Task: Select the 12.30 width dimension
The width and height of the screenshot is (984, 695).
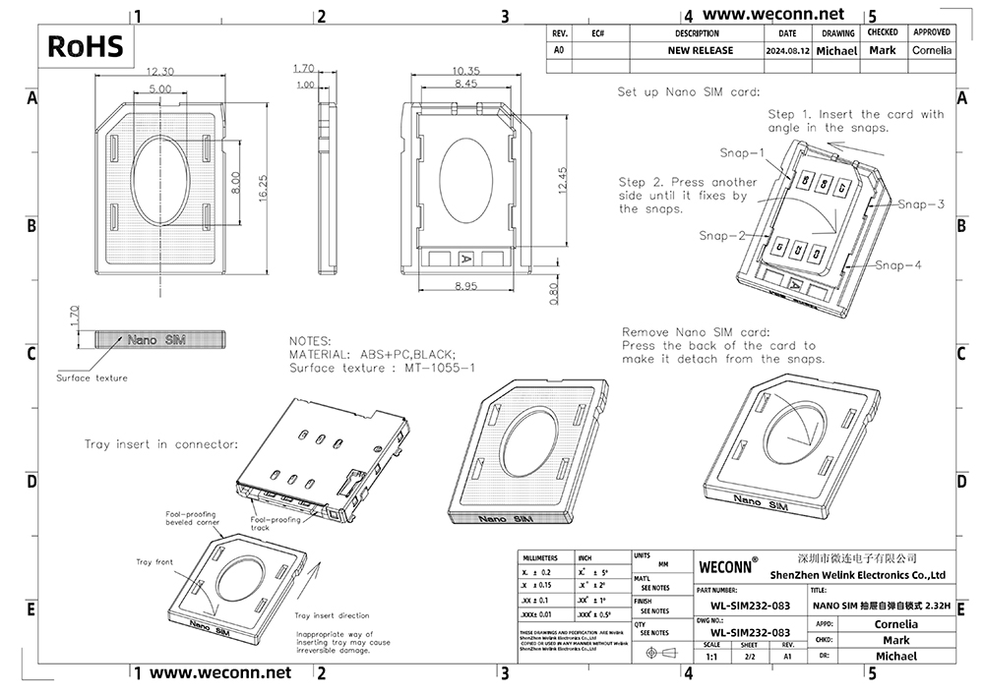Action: [160, 72]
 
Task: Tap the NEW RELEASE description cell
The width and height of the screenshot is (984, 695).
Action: [700, 50]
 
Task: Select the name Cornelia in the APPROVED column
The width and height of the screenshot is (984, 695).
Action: [931, 50]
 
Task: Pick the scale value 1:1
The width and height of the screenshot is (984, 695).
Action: [711, 656]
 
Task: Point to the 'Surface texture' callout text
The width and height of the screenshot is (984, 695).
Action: [92, 377]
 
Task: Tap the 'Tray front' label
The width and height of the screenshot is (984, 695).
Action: [154, 561]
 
